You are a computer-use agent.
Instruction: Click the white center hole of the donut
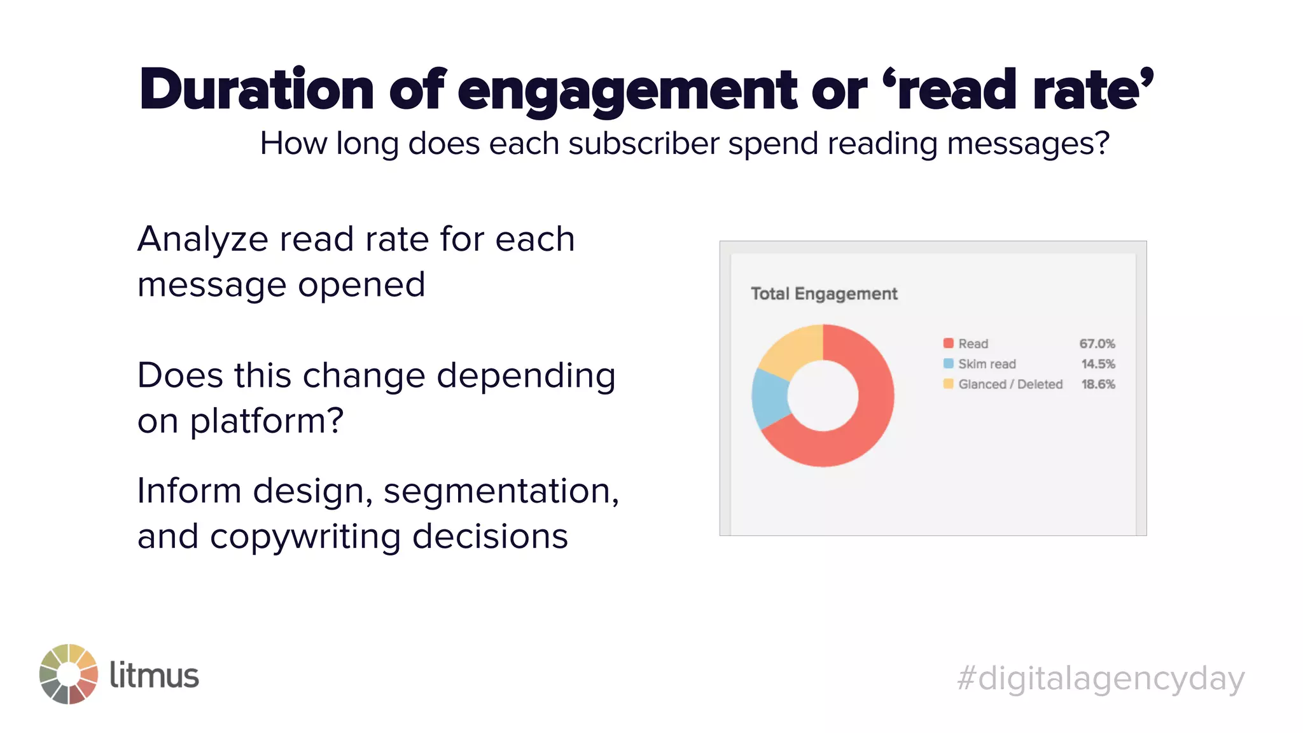point(823,395)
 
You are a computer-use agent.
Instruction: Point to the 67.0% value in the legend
point(1097,344)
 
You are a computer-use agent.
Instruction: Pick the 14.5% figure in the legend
point(1098,364)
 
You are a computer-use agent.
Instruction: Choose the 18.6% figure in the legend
point(1098,384)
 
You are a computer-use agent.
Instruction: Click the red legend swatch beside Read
point(948,344)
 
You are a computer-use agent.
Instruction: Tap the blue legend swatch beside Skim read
point(948,364)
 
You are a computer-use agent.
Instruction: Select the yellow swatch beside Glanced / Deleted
point(948,384)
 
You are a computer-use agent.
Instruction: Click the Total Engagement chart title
point(824,294)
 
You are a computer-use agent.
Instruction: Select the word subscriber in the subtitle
point(644,144)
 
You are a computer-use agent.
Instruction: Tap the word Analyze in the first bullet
point(203,241)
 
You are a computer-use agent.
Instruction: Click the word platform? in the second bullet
point(267,422)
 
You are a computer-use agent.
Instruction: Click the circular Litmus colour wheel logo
point(69,674)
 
